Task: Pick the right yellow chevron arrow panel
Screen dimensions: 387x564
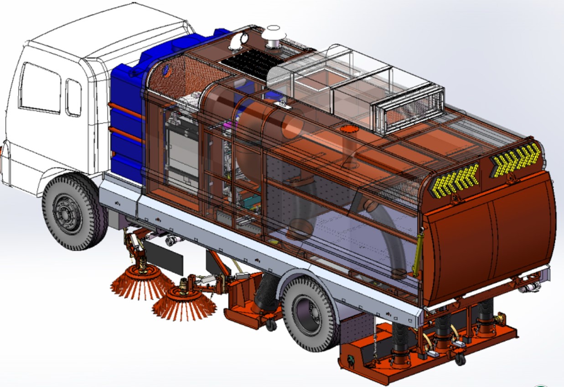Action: click(515, 160)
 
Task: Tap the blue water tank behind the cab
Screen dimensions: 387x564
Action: click(125, 119)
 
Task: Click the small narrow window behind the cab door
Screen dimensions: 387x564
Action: click(73, 97)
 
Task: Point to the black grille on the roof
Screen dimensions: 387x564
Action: click(248, 62)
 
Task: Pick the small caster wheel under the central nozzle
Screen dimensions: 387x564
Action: click(271, 325)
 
